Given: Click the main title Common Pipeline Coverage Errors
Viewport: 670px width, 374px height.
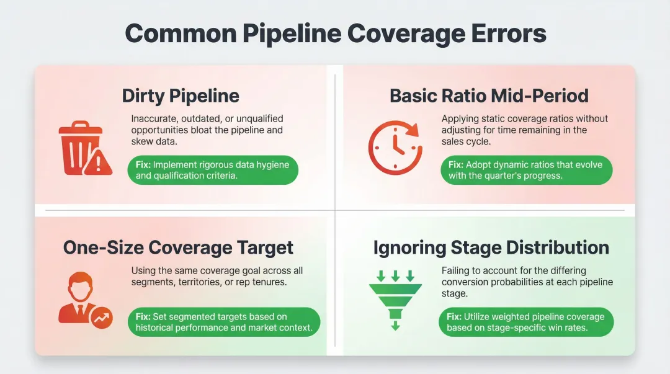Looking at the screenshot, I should point(335,33).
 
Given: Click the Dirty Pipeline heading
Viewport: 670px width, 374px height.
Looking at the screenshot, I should point(181,96).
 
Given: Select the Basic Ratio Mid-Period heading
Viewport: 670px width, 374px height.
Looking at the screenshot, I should point(489,96).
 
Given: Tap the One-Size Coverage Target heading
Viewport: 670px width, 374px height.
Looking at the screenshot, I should point(178,247).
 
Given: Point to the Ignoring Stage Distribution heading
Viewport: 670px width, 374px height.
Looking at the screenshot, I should point(491,247).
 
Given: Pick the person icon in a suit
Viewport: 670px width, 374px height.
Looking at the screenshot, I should point(78,298).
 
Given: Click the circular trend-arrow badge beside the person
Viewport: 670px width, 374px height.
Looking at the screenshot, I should point(100,319).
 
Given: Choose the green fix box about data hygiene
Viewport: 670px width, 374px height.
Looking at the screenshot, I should point(214,170).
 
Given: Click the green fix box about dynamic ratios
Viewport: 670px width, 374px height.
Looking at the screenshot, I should point(526,170).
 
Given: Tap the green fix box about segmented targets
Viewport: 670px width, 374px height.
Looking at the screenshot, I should point(224,322).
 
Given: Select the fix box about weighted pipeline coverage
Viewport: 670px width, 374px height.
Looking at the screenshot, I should point(526,322).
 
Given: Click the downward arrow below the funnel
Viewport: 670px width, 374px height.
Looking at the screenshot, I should point(395,326).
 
